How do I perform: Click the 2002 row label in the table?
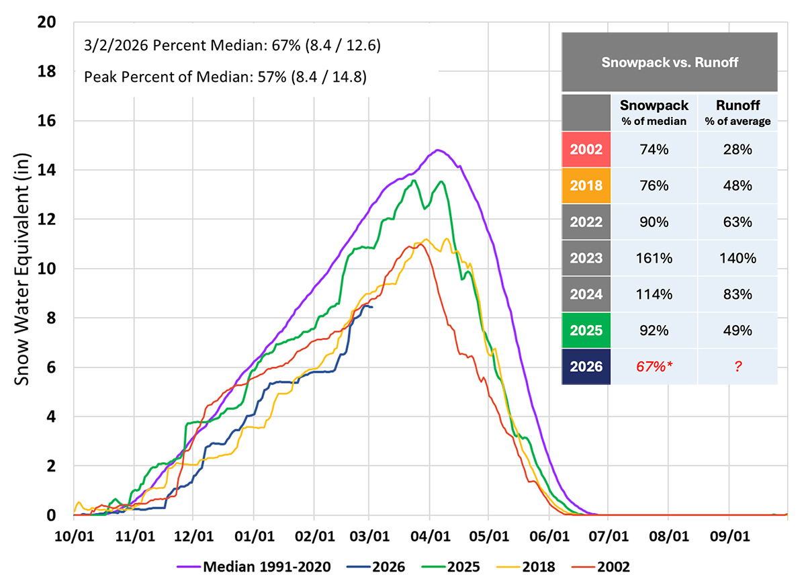click(x=586, y=149)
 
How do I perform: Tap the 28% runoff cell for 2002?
click(x=737, y=149)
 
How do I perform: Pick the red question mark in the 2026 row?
click(x=737, y=367)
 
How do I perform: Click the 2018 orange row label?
click(x=586, y=185)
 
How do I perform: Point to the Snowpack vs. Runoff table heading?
click(x=670, y=62)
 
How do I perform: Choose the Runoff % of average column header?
click(x=737, y=113)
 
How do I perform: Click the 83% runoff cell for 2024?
click(x=737, y=294)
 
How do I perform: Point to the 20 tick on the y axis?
click(x=65, y=22)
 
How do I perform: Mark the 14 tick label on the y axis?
click(x=65, y=170)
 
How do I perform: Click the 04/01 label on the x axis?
click(x=430, y=537)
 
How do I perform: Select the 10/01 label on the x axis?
click(x=75, y=537)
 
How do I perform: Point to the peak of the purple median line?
click(x=438, y=150)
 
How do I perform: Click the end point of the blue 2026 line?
click(x=372, y=307)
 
